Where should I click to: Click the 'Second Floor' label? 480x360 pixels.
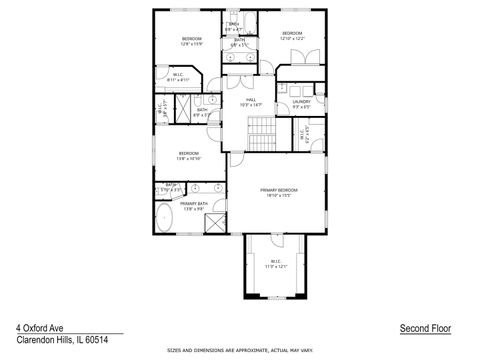(424, 327)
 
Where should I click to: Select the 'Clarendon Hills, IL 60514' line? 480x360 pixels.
(62, 339)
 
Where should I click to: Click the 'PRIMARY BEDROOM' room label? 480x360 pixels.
(279, 192)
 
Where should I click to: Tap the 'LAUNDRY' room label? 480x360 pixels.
(301, 103)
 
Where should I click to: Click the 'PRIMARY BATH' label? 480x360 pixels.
(194, 206)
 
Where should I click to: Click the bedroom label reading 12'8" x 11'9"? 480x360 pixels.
(192, 41)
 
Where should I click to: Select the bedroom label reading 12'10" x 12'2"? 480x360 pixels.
(291, 37)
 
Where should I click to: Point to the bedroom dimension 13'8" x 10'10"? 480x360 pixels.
(174, 157)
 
